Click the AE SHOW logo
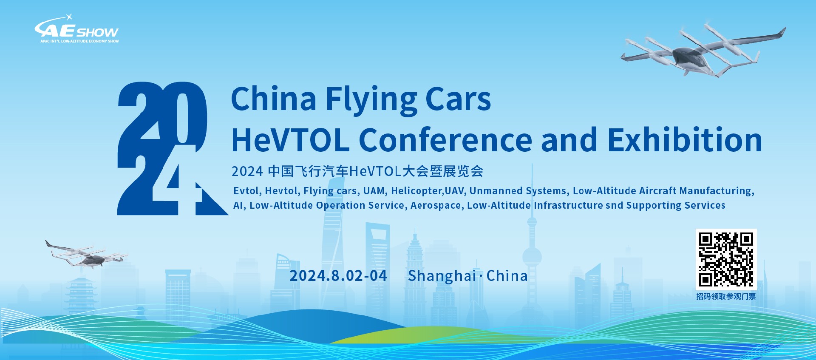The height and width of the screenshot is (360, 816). tap(76, 29)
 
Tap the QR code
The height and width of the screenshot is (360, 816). tap(726, 259)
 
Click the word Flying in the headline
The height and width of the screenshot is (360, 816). tap(371, 99)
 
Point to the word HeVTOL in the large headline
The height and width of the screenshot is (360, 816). tap(290, 140)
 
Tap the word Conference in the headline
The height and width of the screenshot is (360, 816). tap(445, 140)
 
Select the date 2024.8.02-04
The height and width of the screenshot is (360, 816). tap(338, 276)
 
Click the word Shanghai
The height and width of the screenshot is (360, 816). tap(442, 276)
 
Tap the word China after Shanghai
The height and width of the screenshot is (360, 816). tap(507, 276)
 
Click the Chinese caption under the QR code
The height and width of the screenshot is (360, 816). tap(726, 296)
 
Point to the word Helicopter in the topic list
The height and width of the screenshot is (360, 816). tap(417, 191)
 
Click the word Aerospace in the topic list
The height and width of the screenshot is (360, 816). tap(436, 206)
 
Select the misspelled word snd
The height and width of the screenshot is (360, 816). tap(614, 205)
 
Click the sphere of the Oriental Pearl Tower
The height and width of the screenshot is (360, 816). tap(532, 257)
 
